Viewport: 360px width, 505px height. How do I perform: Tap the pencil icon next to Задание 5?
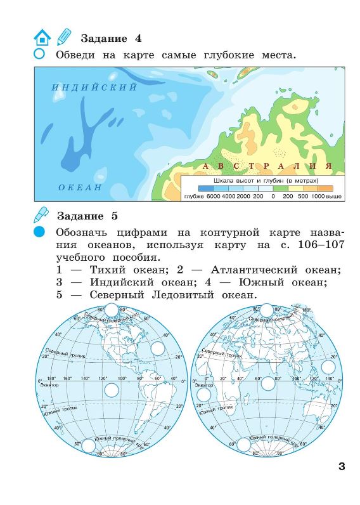point(42,213)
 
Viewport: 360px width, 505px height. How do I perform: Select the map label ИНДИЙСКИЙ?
point(94,88)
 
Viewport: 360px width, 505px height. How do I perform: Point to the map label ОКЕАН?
point(80,187)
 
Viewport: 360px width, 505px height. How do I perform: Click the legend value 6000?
point(212,197)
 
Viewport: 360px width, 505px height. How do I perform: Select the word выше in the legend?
point(335,197)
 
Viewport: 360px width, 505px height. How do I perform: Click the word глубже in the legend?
point(193,197)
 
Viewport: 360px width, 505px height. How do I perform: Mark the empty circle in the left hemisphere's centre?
point(112,390)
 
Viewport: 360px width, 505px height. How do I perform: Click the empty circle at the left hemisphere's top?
point(112,310)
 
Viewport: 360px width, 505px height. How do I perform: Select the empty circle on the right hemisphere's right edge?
point(328,367)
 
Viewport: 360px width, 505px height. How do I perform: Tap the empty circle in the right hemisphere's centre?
point(268,383)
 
